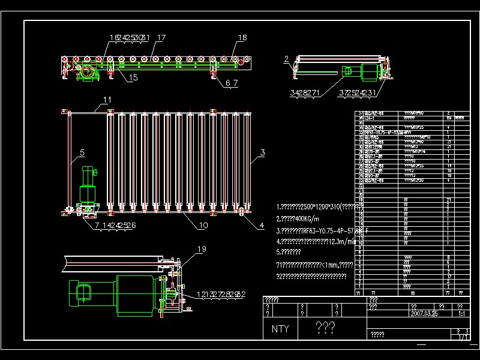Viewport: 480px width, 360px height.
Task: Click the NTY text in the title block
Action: [280, 329]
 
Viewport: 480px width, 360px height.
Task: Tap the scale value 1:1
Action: [461, 313]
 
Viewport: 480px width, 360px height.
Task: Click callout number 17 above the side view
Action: [160, 38]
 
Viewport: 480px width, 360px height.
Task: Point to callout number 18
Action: [242, 38]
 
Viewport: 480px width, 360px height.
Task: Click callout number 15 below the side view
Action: [132, 77]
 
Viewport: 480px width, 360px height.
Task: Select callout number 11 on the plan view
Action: [107, 100]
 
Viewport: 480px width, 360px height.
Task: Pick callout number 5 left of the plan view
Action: [82, 152]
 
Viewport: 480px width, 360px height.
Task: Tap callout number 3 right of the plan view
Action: [262, 153]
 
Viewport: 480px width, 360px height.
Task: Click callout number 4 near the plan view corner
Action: [262, 226]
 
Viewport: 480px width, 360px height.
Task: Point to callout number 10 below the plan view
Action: [203, 226]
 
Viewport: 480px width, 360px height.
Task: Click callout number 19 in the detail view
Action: [202, 249]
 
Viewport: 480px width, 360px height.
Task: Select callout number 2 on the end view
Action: [287, 59]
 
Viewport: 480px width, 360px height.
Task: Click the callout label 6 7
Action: [232, 84]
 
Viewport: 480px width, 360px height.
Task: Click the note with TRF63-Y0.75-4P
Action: [318, 230]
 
